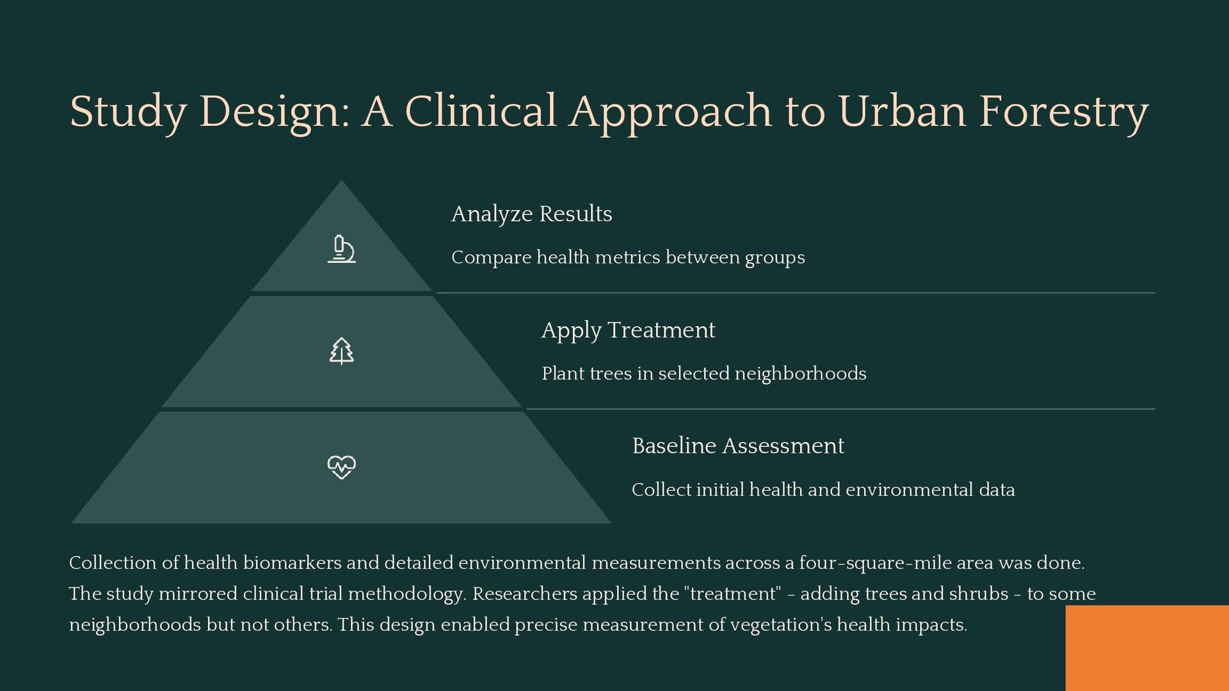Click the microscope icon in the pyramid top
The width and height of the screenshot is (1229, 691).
[341, 250]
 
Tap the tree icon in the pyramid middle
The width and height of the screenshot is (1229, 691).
[341, 351]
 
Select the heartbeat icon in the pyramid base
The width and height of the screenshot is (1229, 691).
[341, 467]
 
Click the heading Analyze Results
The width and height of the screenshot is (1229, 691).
[531, 214]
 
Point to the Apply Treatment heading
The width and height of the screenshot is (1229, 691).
[628, 330]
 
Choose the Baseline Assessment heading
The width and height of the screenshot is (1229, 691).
[737, 446]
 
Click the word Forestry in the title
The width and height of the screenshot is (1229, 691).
[1063, 111]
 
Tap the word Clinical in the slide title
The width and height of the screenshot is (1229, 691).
[480, 111]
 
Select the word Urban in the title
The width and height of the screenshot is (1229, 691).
[902, 111]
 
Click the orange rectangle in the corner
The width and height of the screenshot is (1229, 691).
[1147, 647]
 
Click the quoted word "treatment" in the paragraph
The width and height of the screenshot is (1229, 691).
[733, 594]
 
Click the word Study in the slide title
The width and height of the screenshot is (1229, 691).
[127, 111]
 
